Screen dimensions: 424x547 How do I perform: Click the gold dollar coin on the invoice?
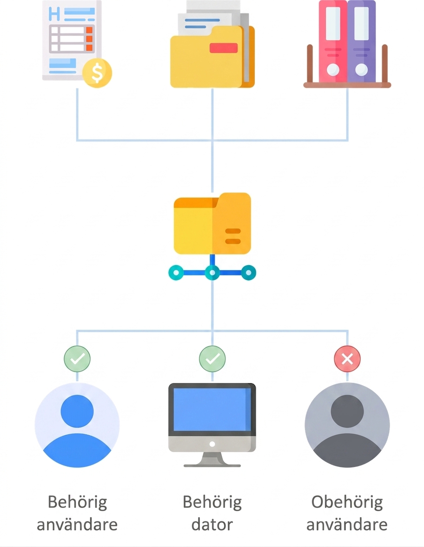pos(97,73)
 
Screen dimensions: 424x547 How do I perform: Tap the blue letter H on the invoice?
pos(54,13)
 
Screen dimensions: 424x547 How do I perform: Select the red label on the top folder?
pos(224,48)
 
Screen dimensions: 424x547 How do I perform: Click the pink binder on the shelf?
pos(333,41)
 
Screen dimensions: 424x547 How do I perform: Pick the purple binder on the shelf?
pos(362,41)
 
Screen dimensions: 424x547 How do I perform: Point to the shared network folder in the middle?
pos(212,223)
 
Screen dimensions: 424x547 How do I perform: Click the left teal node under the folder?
pos(176,273)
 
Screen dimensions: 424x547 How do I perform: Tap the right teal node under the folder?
pos(249,273)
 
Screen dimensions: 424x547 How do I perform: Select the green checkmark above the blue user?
pos(77,359)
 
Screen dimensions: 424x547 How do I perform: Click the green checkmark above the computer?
pos(212,359)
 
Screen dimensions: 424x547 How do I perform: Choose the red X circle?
pos(347,359)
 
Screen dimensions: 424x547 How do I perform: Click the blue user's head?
pos(77,411)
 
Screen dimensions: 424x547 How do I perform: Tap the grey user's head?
pos(347,411)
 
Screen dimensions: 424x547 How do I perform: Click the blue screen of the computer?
pos(212,409)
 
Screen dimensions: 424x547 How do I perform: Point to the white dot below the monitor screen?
pos(212,444)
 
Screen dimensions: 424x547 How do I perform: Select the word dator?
pos(212,524)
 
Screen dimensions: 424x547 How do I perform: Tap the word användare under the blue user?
pos(77,524)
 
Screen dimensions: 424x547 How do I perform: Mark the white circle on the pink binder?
pos(333,69)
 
